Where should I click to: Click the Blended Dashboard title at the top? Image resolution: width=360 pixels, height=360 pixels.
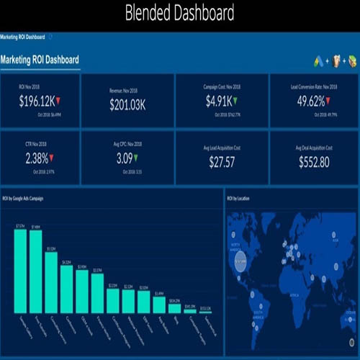179,13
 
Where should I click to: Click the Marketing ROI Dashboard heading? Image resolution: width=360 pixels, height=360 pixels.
40,60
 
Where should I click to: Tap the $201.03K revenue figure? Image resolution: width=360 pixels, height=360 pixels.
127,105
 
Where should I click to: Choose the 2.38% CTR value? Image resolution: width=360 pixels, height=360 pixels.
37,158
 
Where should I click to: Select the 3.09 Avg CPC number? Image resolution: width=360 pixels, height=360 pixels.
125,158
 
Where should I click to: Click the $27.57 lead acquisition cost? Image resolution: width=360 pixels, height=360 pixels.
222,163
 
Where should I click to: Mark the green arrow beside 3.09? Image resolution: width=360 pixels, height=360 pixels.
137,157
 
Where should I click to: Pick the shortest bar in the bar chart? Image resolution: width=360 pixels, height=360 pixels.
206,311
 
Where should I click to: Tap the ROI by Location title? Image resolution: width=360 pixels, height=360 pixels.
238,197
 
